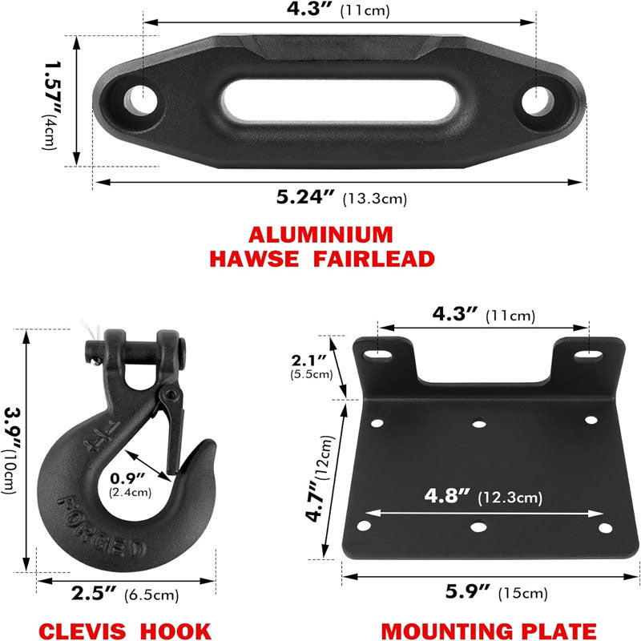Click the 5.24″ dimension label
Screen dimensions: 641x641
pos(305,197)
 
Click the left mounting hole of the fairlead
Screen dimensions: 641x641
pos(141,99)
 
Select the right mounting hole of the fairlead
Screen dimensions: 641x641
pos(538,101)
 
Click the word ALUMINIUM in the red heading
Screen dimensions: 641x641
pos(320,235)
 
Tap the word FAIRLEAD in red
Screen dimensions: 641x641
pos(374,259)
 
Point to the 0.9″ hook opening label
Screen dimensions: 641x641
pos(128,478)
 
